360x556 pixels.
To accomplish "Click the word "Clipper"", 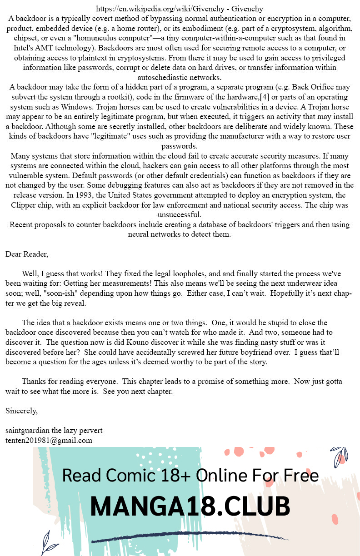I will (x=25, y=205).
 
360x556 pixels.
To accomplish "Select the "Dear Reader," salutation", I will (x=26, y=253).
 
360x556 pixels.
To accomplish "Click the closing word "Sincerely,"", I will (x=21, y=411).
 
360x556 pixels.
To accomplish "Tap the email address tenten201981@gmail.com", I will (x=49, y=440).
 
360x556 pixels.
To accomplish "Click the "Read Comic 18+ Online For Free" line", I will (x=190, y=475).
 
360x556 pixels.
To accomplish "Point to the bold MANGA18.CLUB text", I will (x=190, y=506).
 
